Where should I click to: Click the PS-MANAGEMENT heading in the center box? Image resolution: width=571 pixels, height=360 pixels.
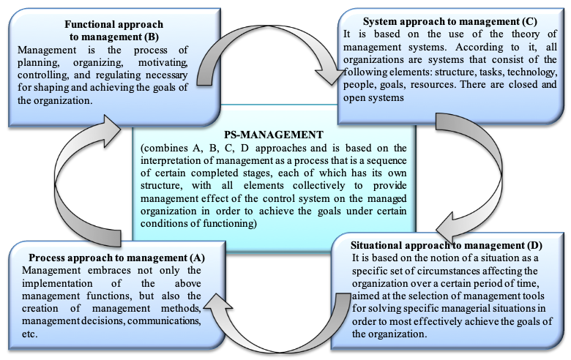pyautogui.click(x=274, y=135)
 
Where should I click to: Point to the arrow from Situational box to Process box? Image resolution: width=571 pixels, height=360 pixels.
pyautogui.click(x=280, y=346)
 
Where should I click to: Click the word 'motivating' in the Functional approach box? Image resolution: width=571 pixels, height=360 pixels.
pyautogui.click(x=163, y=62)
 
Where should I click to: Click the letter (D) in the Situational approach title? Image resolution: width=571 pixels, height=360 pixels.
pyautogui.click(x=534, y=245)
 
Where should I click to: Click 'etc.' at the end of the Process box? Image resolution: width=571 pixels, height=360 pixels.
pyautogui.click(x=29, y=334)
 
